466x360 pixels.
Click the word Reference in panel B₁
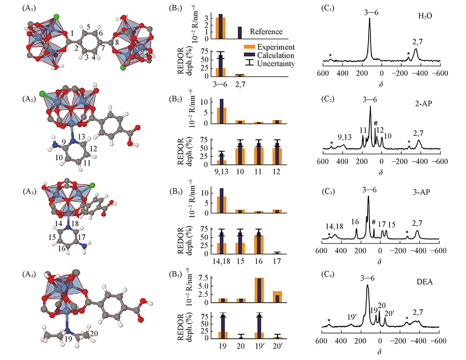click(x=266, y=32)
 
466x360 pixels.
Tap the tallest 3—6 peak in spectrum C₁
click(x=370, y=21)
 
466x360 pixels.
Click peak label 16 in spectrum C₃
click(x=355, y=222)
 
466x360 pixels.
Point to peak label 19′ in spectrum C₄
click(x=352, y=305)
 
